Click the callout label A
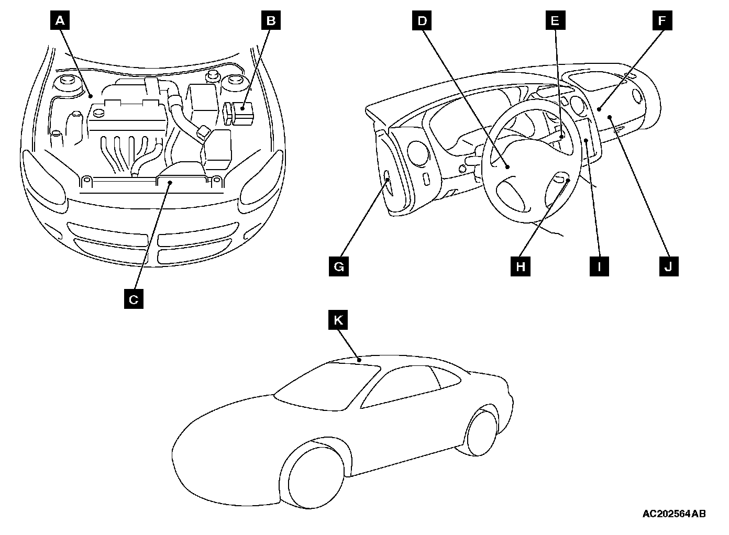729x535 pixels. [60, 21]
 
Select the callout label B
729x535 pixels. [271, 21]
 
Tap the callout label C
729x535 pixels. [134, 299]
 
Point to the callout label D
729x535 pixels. [422, 21]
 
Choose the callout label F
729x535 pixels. [662, 21]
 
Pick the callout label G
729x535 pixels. [339, 266]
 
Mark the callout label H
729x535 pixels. [520, 266]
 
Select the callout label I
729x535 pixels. [599, 266]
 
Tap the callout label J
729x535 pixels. [668, 266]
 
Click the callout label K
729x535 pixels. [338, 319]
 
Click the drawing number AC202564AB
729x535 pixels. [674, 514]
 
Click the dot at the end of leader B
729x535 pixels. [243, 109]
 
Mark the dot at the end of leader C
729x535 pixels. [170, 183]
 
